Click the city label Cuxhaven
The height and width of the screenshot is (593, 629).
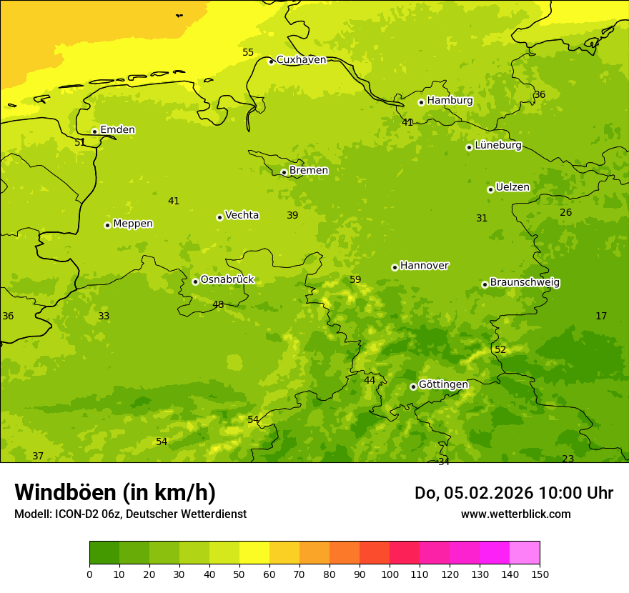pyautogui.click(x=301, y=60)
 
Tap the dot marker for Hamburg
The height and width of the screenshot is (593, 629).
pyautogui.click(x=421, y=102)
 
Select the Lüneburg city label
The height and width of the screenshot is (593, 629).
pyautogui.click(x=497, y=146)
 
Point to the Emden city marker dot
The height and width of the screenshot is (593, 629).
pyautogui.click(x=94, y=131)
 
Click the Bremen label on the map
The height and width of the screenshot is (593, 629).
pyautogui.click(x=308, y=171)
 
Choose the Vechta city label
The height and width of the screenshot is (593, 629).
pyautogui.click(x=242, y=215)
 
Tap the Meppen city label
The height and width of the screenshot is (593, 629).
pyautogui.click(x=132, y=224)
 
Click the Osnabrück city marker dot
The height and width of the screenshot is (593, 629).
pyautogui.click(x=195, y=281)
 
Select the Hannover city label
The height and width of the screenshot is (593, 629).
pyautogui.click(x=424, y=266)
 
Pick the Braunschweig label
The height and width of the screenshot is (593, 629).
pyautogui.click(x=524, y=283)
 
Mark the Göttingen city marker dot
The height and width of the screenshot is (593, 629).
pyautogui.click(x=413, y=387)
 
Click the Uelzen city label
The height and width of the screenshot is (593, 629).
pyautogui.click(x=512, y=188)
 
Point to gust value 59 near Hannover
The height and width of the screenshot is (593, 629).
pyautogui.click(x=355, y=279)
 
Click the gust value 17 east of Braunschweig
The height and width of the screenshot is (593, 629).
pyautogui.click(x=601, y=316)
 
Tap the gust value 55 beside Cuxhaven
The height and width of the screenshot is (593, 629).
pyautogui.click(x=248, y=52)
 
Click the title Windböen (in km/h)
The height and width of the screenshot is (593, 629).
pyautogui.click(x=115, y=492)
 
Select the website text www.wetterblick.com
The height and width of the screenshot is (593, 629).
pyautogui.click(x=515, y=514)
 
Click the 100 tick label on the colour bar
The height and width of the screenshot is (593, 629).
pyautogui.click(x=390, y=574)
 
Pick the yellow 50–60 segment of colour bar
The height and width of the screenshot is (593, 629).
pyautogui.click(x=254, y=553)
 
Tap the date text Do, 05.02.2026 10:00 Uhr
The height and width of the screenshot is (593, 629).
pyautogui.click(x=513, y=493)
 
